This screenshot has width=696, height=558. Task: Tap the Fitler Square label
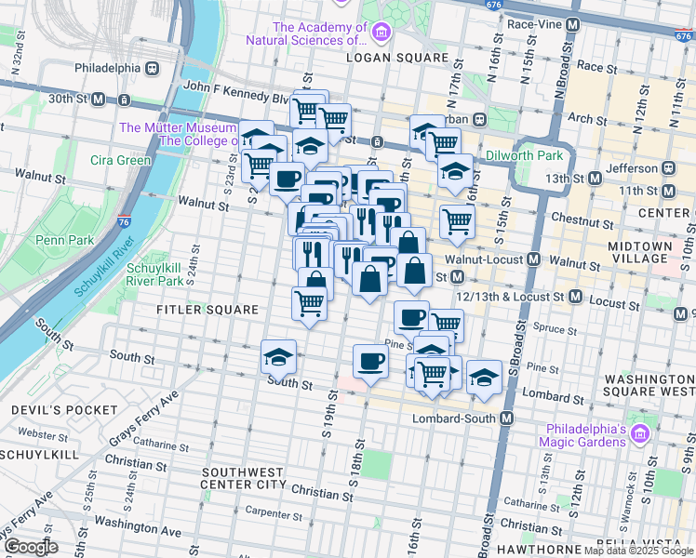(207, 309)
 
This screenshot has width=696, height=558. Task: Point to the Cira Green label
(120, 160)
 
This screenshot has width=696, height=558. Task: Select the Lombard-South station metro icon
(506, 419)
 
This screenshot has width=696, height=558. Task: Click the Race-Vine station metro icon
(574, 23)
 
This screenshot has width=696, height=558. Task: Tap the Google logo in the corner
(32, 547)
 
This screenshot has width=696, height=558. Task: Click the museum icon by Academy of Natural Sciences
(380, 33)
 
